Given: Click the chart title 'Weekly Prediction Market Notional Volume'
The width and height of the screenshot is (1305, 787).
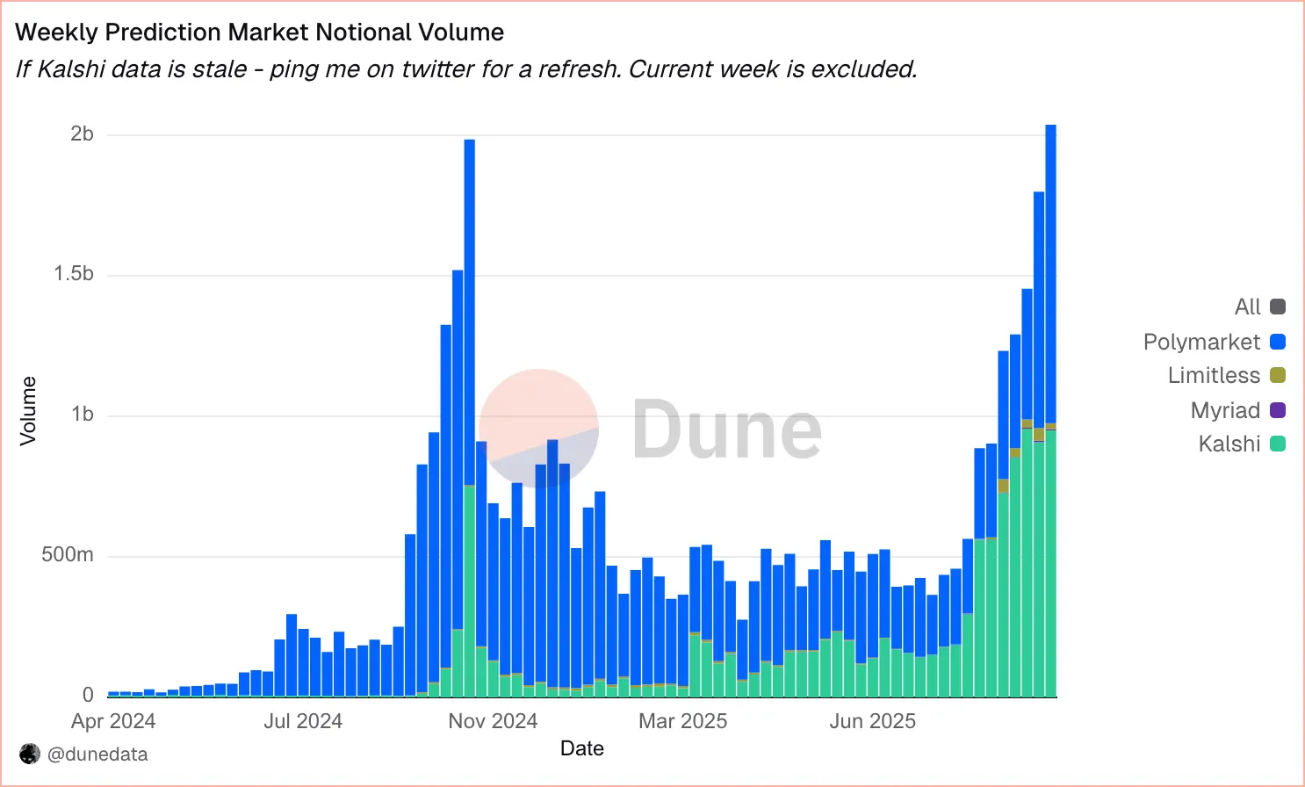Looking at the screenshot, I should point(260,32).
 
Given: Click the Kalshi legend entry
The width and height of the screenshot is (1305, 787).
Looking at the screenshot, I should point(1241,444).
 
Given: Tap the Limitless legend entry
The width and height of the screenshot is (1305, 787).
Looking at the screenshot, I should point(1226,376).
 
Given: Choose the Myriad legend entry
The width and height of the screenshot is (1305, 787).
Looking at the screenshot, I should point(1237,410).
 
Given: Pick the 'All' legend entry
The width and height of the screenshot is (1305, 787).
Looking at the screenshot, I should point(1259,307).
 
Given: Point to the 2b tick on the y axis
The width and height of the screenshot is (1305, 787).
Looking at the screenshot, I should point(82,134).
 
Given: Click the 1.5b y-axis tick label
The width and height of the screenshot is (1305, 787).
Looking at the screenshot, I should point(74,274).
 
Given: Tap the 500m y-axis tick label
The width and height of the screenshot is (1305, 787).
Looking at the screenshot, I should point(68,555).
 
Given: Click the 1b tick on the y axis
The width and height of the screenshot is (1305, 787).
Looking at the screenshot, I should point(82,415).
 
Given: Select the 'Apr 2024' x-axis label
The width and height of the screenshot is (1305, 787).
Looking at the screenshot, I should point(113,721).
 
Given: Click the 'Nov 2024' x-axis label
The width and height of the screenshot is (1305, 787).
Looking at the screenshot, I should point(493,721).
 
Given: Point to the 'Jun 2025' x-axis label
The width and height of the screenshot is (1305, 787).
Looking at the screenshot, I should point(872,721).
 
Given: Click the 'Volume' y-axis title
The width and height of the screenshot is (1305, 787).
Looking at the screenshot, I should point(28,411).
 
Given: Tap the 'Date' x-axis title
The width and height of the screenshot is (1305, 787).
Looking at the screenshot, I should point(582,748).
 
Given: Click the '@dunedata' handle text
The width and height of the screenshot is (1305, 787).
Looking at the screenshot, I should point(97,755).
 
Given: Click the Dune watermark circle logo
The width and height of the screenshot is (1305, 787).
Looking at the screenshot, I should point(538,428).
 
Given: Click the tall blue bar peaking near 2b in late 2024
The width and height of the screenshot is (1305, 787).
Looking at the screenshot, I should point(470,307).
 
